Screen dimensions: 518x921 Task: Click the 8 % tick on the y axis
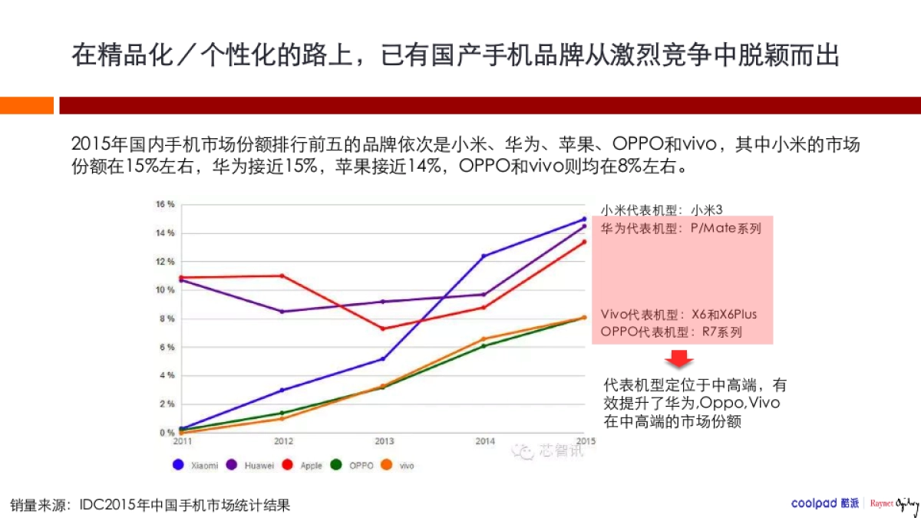coord(166,318)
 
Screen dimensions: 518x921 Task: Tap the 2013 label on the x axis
coord(384,441)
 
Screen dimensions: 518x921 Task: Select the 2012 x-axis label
coord(282,441)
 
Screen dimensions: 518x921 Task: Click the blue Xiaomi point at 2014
coord(484,256)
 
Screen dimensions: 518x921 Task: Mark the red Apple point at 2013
coord(383,328)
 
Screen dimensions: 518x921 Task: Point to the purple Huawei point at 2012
coord(282,312)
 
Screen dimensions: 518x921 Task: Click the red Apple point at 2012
coord(282,275)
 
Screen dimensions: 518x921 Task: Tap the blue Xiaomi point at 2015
coord(584,219)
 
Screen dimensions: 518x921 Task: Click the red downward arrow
coord(678,359)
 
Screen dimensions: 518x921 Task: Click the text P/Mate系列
coord(725,228)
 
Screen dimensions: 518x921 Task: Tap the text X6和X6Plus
coord(724,315)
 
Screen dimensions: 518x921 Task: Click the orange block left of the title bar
coord(27,105)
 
